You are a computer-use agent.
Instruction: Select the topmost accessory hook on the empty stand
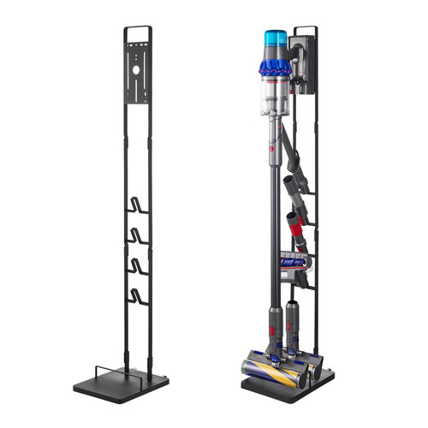tap(137, 205)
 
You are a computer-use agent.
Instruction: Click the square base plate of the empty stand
tap(120, 382)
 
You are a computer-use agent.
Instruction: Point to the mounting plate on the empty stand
tap(137, 77)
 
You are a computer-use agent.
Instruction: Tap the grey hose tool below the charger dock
tap(291, 154)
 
